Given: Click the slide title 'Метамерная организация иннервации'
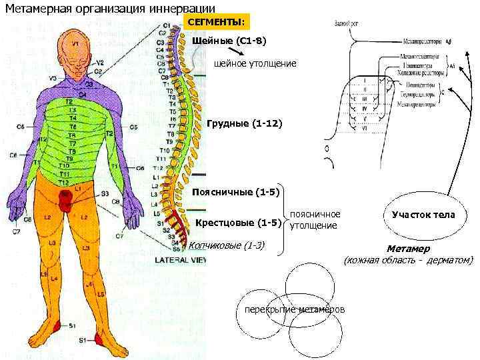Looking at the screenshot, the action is tap(110, 9).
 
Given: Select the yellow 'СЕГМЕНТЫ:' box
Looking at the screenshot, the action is tap(215, 23).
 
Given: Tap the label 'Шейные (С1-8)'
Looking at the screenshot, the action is tap(229, 41).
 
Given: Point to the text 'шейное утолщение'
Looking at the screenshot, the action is tap(254, 63).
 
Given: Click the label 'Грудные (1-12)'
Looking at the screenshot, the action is tap(244, 124).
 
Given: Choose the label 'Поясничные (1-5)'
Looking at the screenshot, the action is tap(235, 192).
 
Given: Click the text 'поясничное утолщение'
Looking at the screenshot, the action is tap(315, 220).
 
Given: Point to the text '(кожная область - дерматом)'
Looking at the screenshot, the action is tap(408, 260).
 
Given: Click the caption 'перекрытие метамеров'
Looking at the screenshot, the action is tap(295, 311).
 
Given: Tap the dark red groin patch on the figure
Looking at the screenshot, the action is tap(65, 199).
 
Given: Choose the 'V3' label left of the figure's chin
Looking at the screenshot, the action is tap(53, 79).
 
